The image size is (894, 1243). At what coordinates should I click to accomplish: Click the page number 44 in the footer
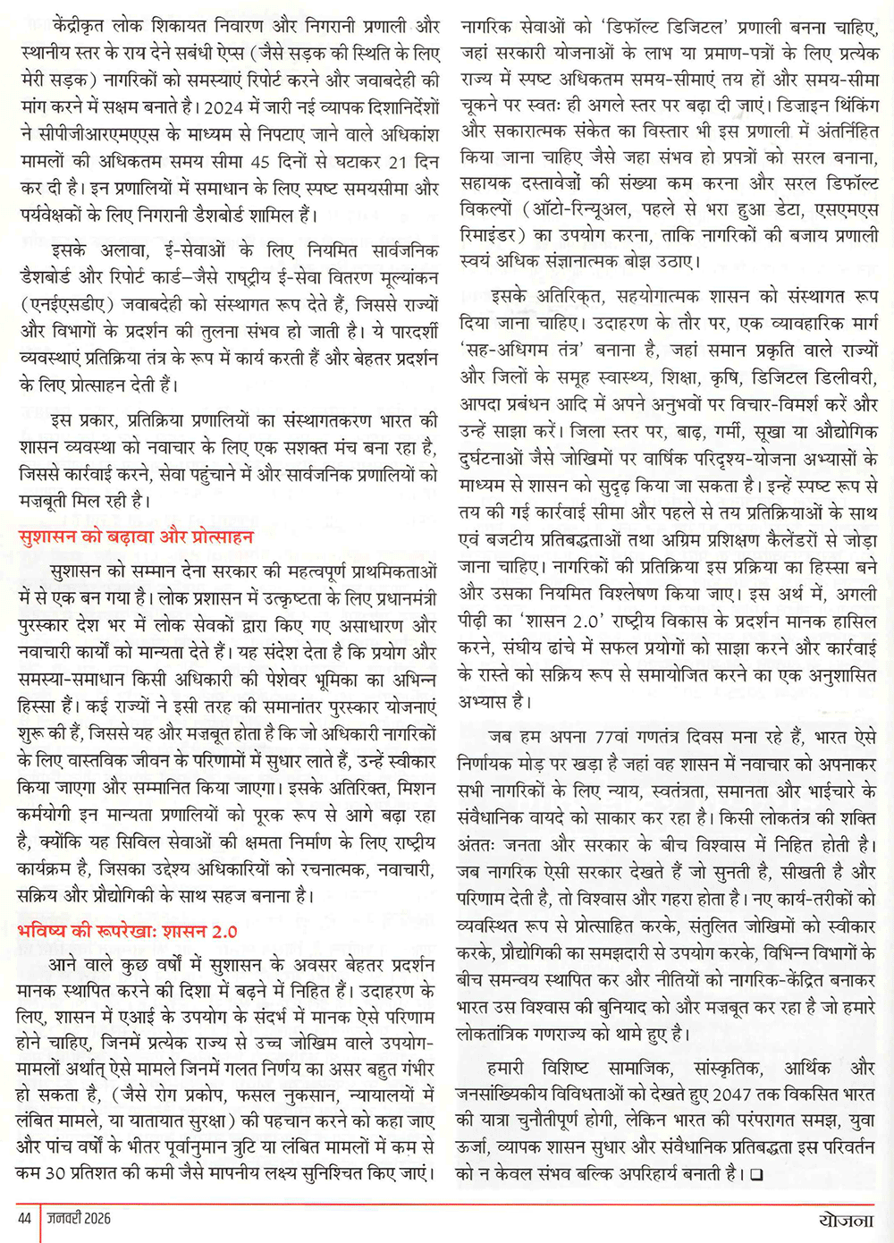point(24,1218)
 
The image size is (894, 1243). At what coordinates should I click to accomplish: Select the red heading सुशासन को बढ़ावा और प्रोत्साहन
point(136,537)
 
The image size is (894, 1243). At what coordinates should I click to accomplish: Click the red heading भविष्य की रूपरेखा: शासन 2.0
point(128,931)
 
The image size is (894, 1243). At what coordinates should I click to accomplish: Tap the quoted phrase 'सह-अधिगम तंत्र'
point(522,350)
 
